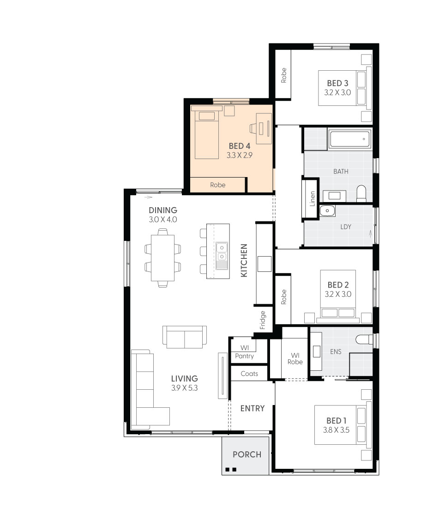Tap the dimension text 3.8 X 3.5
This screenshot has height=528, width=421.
pyautogui.click(x=336, y=430)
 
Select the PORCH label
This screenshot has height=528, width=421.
pyautogui.click(x=247, y=454)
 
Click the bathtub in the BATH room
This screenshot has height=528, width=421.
pyautogui.click(x=349, y=138)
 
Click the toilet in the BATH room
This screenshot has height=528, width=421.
pyautogui.click(x=361, y=193)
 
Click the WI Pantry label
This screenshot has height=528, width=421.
pyautogui.click(x=244, y=352)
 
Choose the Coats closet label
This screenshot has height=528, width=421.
pyautogui.click(x=249, y=374)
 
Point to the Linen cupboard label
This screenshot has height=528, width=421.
pyautogui.click(x=313, y=198)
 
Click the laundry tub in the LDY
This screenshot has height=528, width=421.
pyautogui.click(x=327, y=211)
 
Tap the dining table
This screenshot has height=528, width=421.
pyautogui.click(x=162, y=258)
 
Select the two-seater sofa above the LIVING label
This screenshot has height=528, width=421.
pyautogui.click(x=184, y=337)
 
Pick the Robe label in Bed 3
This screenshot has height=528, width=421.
pyautogui.click(x=284, y=75)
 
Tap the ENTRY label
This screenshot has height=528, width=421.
pyautogui.click(x=253, y=408)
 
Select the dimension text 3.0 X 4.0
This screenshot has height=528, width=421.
pyautogui.click(x=163, y=220)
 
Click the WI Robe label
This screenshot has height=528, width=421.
pyautogui.click(x=295, y=358)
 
